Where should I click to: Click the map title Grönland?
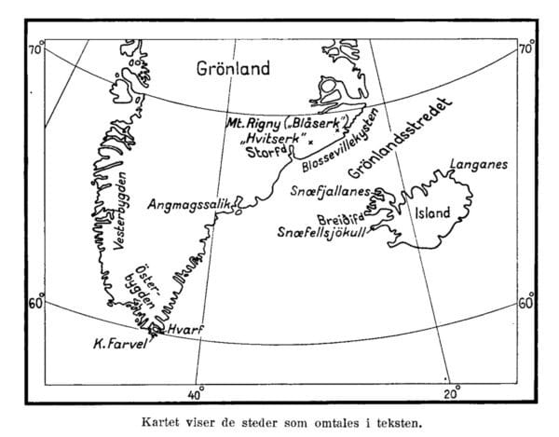coord(232,69)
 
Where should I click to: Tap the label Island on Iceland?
coord(432,213)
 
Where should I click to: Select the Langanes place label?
coord(477,164)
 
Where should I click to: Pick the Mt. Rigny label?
coord(253,123)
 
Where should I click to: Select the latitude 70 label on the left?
coord(34,48)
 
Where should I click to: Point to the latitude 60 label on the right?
coord(525,303)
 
